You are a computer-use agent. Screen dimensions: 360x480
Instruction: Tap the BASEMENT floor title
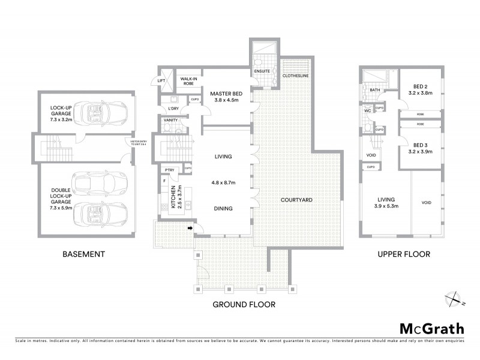(83, 254)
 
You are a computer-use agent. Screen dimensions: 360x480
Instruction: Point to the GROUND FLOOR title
(244, 304)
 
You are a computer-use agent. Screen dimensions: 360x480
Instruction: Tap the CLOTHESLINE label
(296, 76)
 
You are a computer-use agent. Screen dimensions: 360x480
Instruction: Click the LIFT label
(161, 80)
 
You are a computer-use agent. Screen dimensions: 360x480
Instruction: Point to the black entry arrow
(190, 228)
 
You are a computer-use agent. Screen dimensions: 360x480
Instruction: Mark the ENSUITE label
(262, 71)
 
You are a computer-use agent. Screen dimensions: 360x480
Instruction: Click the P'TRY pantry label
(170, 170)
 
